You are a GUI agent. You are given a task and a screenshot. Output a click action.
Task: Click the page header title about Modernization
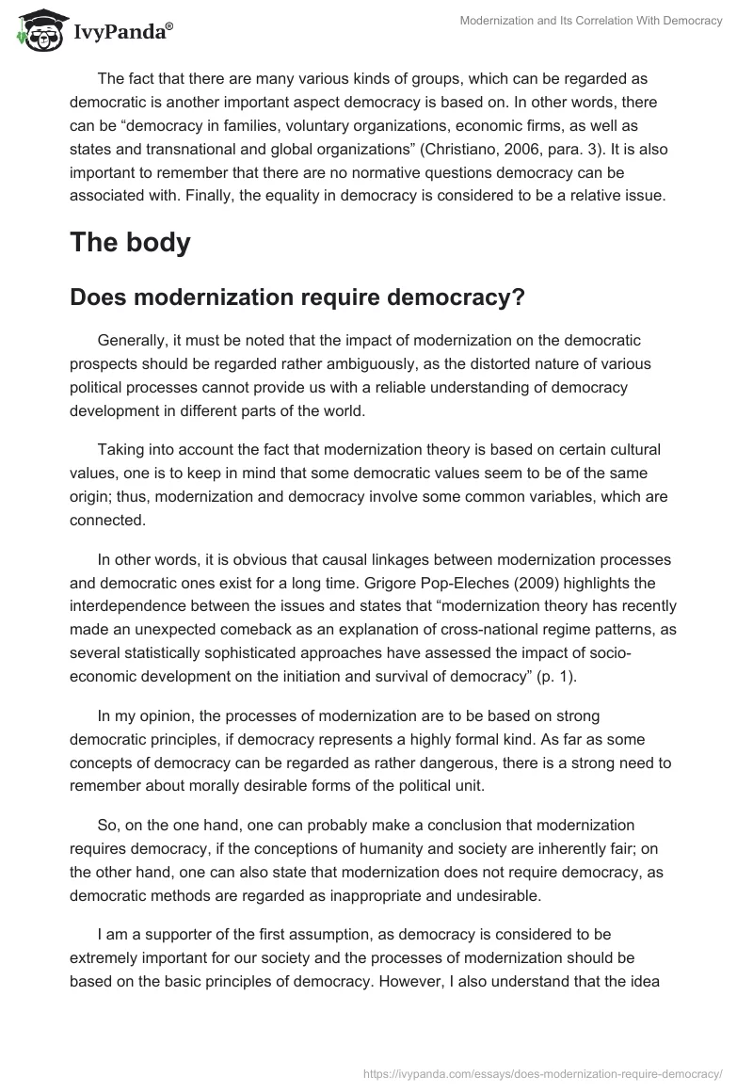[x=589, y=22]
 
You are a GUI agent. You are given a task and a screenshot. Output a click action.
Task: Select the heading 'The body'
[x=130, y=242]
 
